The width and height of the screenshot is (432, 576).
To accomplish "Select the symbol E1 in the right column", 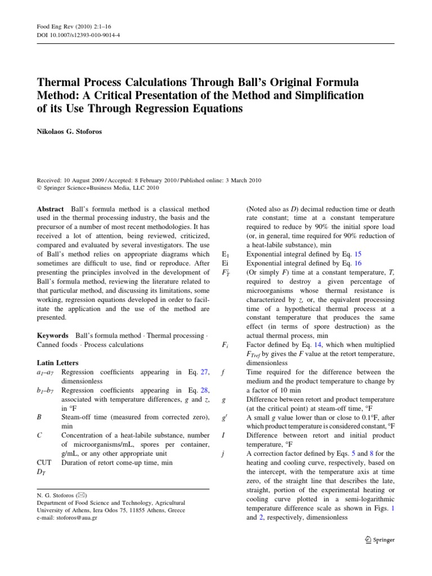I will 227,255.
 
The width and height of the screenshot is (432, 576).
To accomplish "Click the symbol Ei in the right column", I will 226,264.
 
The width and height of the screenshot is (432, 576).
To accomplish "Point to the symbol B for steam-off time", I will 39,417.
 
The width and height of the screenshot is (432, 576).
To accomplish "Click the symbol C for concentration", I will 39,435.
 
